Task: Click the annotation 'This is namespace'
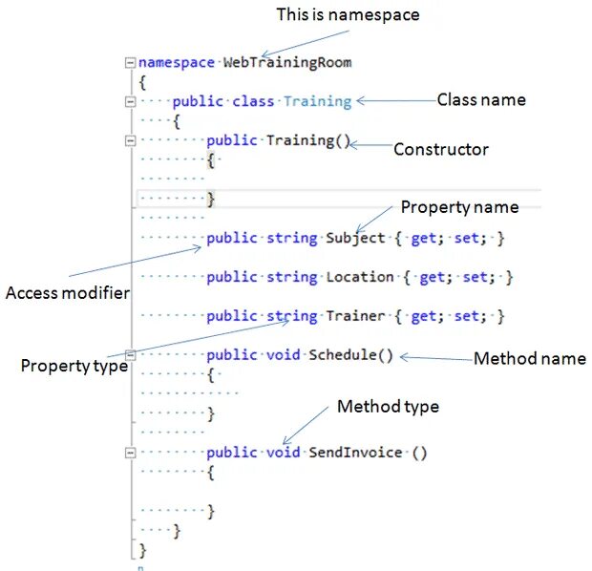click(x=348, y=14)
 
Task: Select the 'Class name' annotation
click(x=480, y=99)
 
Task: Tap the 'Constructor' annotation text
click(x=441, y=149)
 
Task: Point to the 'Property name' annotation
click(x=459, y=207)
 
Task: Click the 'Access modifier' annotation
click(x=67, y=292)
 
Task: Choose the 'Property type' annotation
click(x=74, y=365)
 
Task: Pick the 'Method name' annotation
click(x=530, y=358)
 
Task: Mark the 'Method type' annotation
click(x=388, y=407)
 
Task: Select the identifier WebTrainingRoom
click(x=287, y=63)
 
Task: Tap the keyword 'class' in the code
click(x=254, y=101)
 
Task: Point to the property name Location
click(x=359, y=277)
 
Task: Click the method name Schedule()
click(x=350, y=354)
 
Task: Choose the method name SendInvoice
click(x=355, y=452)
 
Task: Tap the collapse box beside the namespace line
click(x=130, y=63)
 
